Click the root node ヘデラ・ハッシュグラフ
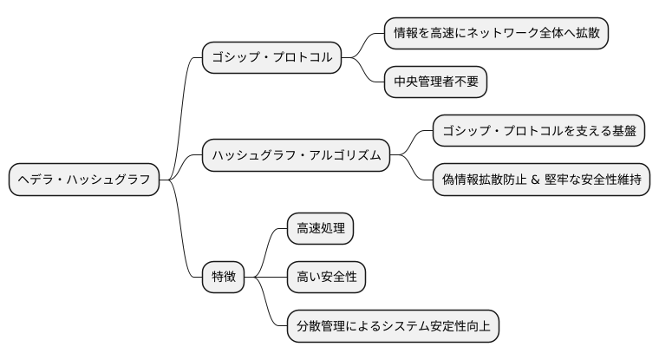click(84, 180)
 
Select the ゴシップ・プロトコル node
click(271, 58)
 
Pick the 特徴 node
click(223, 278)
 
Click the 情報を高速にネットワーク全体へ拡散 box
click(496, 34)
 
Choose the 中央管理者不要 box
click(435, 82)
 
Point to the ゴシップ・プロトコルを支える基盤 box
click(538, 132)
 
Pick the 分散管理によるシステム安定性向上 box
click(393, 326)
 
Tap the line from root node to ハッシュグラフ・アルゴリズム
click(183, 168)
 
